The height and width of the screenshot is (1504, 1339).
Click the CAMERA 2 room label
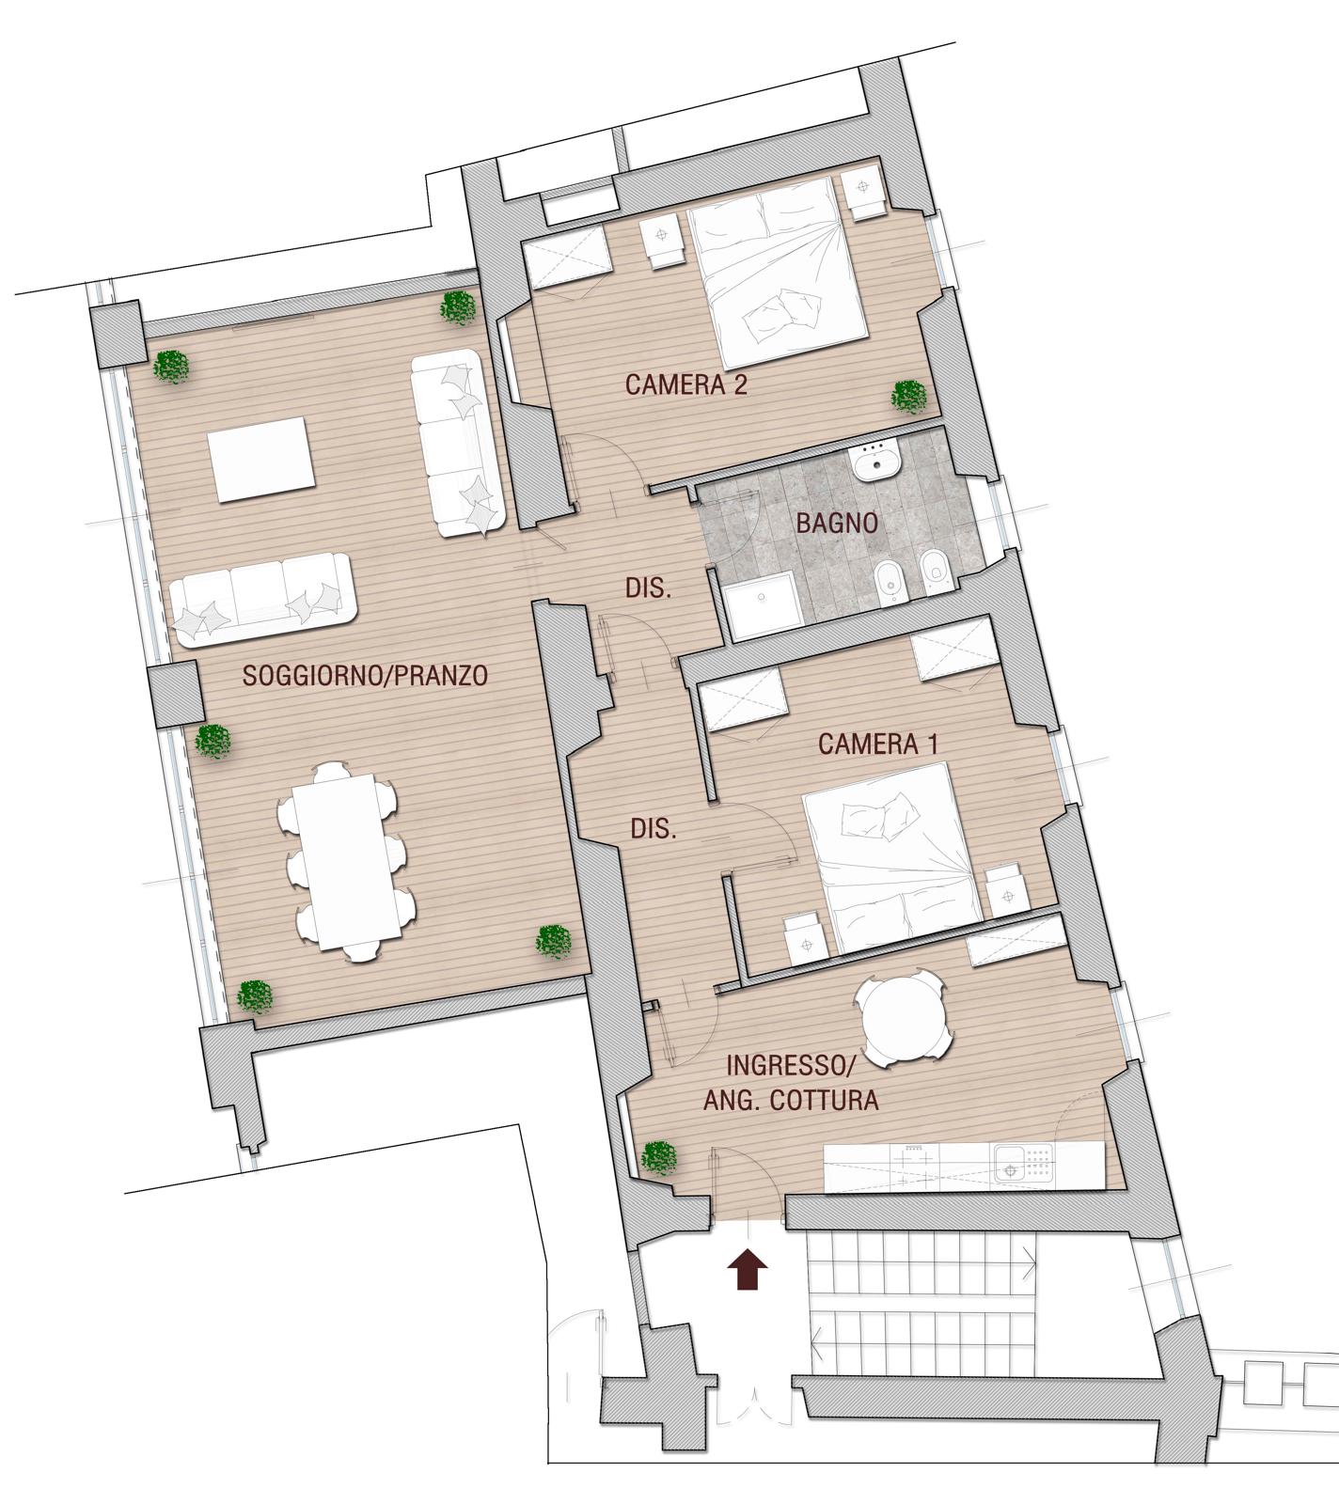pyautogui.click(x=686, y=384)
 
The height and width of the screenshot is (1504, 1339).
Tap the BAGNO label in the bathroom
pyautogui.click(x=837, y=523)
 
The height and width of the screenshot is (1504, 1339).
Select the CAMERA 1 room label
pyautogui.click(x=878, y=744)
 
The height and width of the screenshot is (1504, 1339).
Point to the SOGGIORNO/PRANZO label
pyautogui.click(x=366, y=675)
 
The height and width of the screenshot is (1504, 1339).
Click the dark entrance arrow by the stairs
pyautogui.click(x=748, y=1269)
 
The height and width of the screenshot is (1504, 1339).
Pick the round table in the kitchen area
pyautogui.click(x=903, y=1022)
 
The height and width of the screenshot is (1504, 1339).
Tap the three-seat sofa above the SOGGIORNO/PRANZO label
pyautogui.click(x=260, y=600)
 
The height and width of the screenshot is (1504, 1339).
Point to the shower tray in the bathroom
pyautogui.click(x=762, y=609)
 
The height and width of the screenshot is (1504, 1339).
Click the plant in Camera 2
pyautogui.click(x=908, y=397)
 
